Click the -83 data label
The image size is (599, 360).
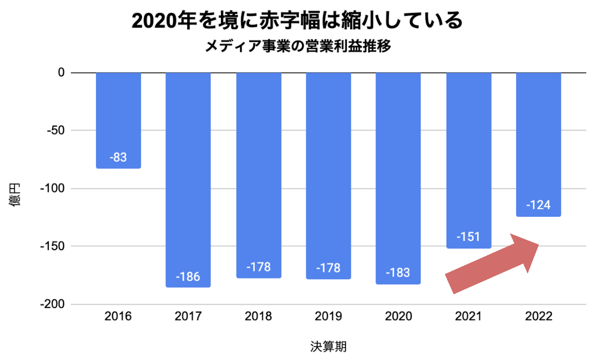coord(118,157)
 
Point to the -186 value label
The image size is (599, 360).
coord(188,277)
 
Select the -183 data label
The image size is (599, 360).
coord(398,273)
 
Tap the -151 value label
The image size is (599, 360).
coord(468,237)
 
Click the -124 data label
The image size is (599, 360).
coord(538,205)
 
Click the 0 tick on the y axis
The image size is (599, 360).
coord(61,72)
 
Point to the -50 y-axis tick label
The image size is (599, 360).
coord(56,130)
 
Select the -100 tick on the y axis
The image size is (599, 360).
coord(53,188)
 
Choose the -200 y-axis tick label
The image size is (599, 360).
coord(53,304)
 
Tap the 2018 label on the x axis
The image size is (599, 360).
coord(258,316)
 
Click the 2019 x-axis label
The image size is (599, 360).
coord(328,316)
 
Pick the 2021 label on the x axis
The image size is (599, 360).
coord(468,316)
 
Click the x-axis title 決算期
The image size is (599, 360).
coord(328,347)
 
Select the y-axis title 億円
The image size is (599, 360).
coord(15,195)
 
